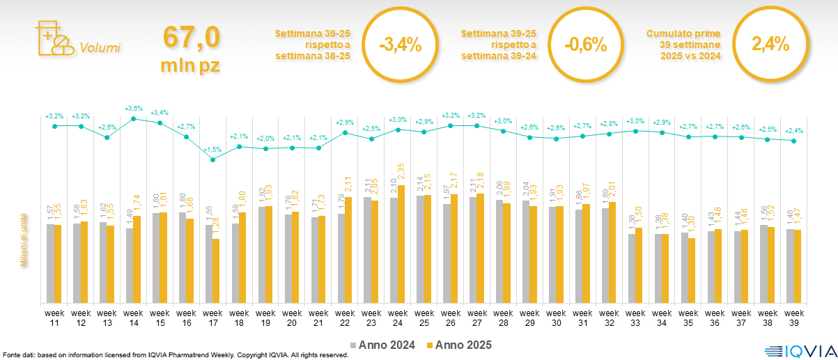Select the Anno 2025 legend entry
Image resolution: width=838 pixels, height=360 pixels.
[459, 345]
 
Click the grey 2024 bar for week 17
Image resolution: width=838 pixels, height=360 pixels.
[209, 263]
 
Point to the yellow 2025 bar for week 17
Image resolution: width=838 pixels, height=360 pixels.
[216, 270]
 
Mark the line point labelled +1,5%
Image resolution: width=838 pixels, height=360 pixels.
[213, 159]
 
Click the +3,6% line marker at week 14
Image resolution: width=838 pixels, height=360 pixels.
[134, 118]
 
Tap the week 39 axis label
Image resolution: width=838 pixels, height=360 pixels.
[794, 317]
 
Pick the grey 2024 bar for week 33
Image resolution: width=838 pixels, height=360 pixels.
[632, 268]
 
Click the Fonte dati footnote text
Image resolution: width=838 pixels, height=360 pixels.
[174, 355]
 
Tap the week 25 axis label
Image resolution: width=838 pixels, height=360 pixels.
[424, 317]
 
